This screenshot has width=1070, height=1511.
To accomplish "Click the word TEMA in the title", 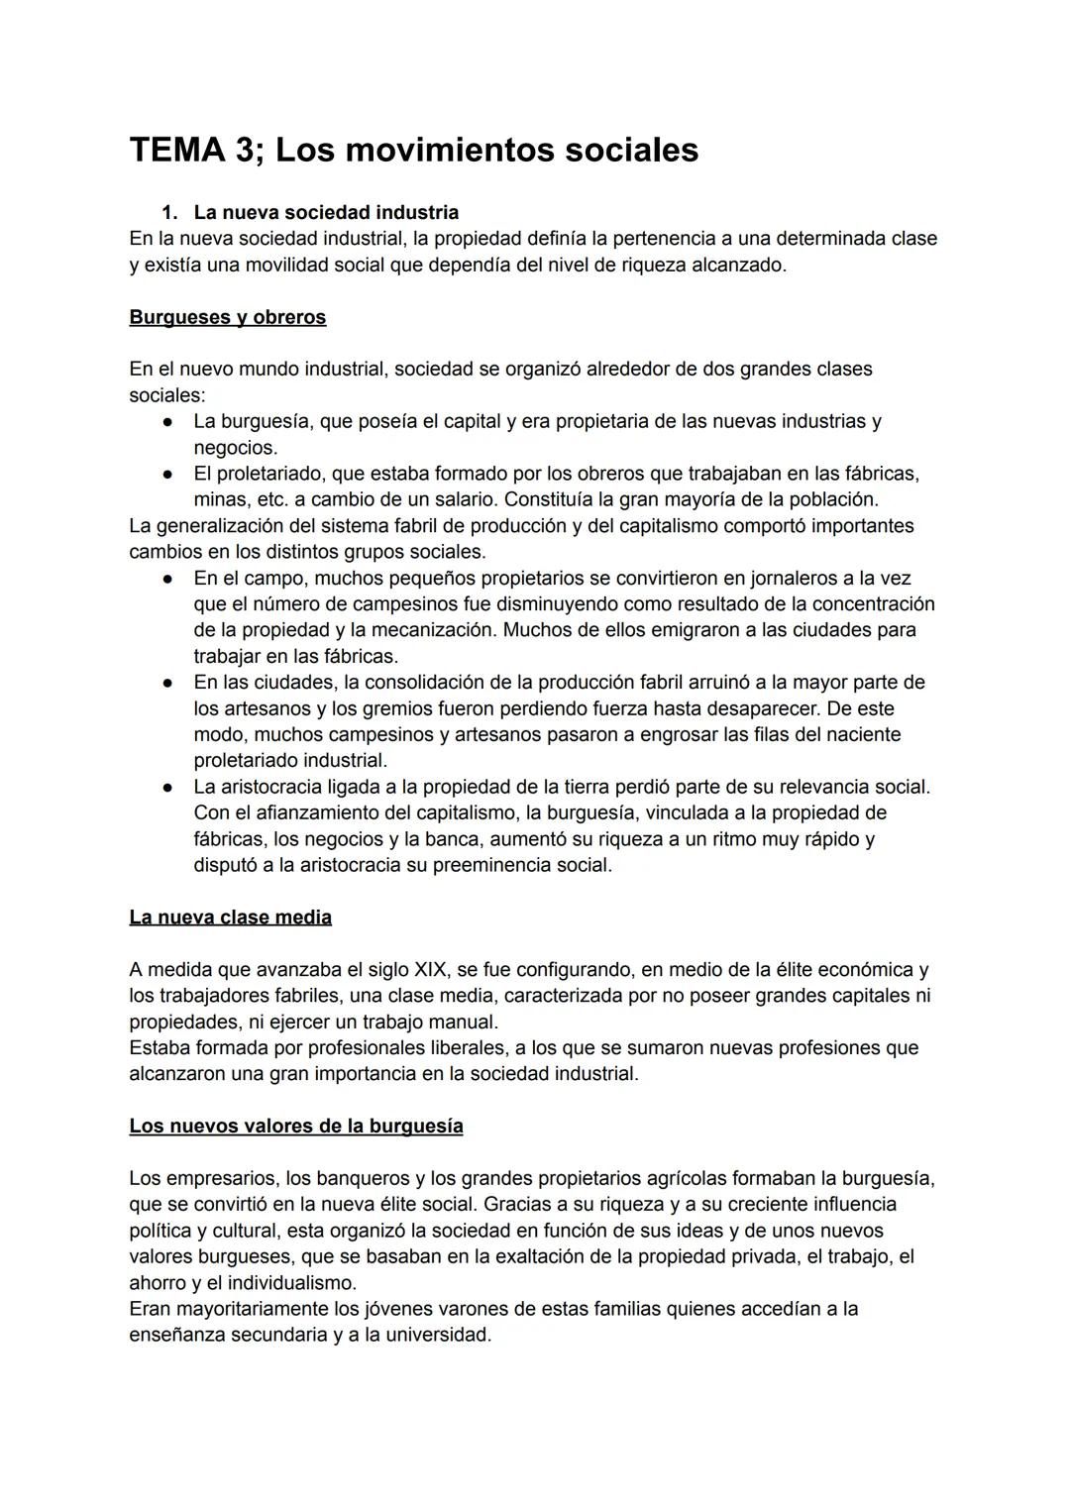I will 176,151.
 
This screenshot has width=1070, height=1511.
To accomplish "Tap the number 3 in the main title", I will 245,151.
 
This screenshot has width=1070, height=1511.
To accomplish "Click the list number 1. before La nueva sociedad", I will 169,212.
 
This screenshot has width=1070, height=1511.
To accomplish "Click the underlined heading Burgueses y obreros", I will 227,317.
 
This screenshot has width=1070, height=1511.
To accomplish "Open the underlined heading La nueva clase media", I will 230,917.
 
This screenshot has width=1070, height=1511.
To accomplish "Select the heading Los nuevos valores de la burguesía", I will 295,1127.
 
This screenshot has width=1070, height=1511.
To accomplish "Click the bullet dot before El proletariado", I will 169,474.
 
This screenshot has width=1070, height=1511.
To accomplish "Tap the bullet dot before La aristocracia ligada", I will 169,788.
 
